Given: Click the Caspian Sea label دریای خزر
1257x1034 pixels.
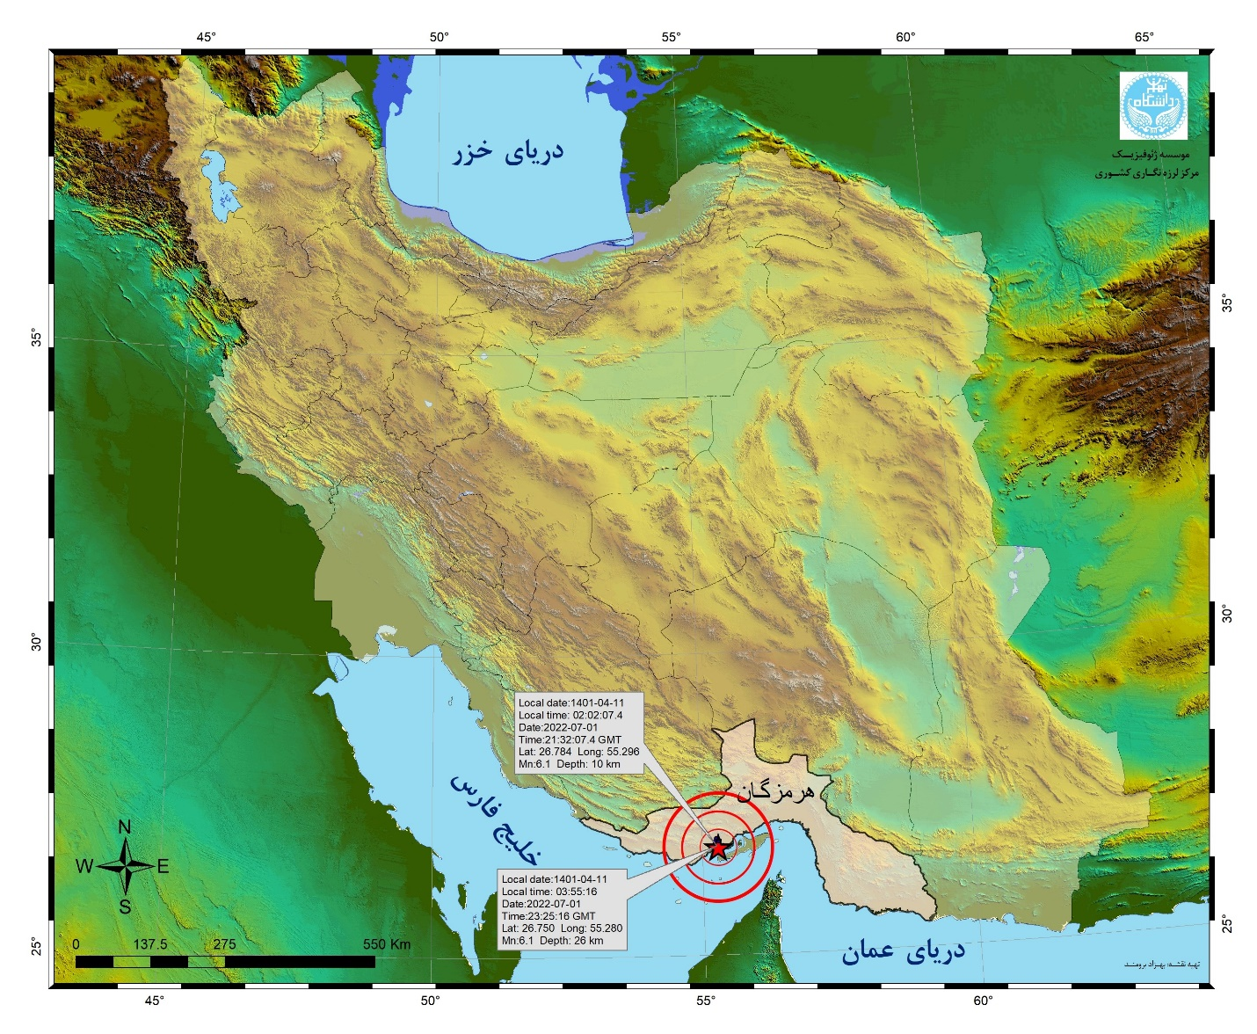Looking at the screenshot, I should pos(508,152).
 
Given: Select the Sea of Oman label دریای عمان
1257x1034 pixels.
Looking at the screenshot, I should pos(903,951).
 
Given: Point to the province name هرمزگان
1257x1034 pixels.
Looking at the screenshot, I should pos(775,791).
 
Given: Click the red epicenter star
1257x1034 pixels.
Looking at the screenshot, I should pos(718,848).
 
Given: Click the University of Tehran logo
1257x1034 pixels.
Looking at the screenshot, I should pos(1152,106).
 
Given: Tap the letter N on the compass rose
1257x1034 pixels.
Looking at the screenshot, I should pos(125,826).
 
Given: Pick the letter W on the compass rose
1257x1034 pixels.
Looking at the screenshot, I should pos(84,866).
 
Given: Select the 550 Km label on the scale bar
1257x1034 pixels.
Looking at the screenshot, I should pos(387,944).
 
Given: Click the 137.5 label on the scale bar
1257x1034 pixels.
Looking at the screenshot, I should pos(150,944).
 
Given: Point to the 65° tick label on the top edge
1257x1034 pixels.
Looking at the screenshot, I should pos(1144,37).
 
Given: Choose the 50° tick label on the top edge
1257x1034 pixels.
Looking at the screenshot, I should pos(439,37).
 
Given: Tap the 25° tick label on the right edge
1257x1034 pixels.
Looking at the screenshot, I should pos(1227,925).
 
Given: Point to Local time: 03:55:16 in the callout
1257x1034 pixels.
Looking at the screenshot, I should pos(549,892).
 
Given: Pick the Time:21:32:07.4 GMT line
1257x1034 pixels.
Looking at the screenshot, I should pos(570,739).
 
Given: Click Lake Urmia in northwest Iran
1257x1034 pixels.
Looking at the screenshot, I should pos(219,189).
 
